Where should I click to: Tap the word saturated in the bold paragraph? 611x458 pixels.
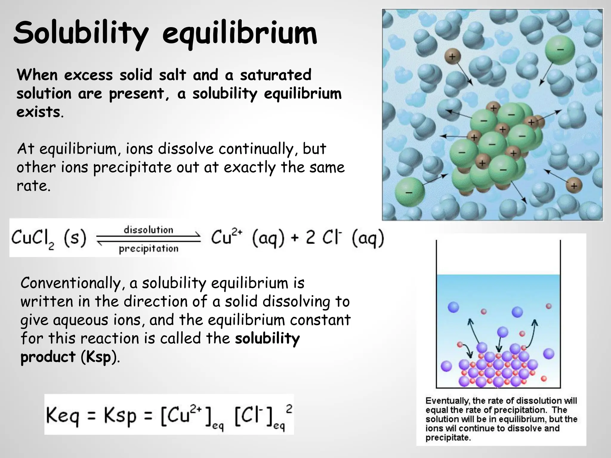click(276, 75)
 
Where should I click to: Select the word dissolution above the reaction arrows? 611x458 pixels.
click(148, 230)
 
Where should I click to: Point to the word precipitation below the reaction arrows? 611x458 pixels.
click(148, 249)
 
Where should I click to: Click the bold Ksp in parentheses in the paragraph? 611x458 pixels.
click(99, 357)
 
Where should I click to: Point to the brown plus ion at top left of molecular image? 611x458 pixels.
click(452, 56)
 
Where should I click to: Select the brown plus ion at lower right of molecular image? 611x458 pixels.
click(574, 186)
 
